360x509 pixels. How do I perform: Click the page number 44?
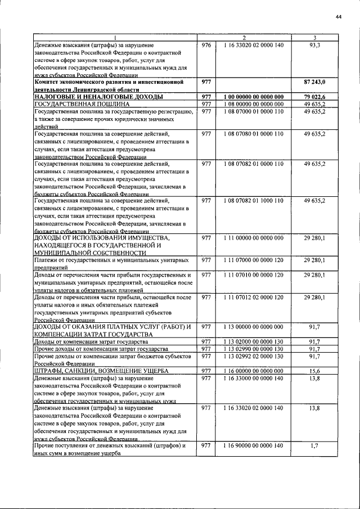pyautogui.click(x=339, y=18)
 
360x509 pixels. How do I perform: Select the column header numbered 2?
pyautogui.click(x=253, y=38)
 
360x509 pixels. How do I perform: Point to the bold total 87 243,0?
pyautogui.click(x=314, y=82)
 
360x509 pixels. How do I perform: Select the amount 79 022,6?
pyautogui.click(x=314, y=97)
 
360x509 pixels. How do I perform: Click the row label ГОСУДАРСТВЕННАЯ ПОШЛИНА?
pyautogui.click(x=82, y=104)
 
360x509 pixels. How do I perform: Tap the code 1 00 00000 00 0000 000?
pyautogui.click(x=253, y=97)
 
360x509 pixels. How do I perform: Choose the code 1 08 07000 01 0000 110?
pyautogui.click(x=253, y=111)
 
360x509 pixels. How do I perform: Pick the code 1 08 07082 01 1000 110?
pyautogui.click(x=253, y=201)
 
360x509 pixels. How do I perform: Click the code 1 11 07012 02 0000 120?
pyautogui.click(x=253, y=297)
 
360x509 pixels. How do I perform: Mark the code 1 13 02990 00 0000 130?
pyautogui.click(x=253, y=349)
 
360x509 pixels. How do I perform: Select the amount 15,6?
pyautogui.click(x=314, y=371)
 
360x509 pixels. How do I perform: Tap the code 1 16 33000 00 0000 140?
pyautogui.click(x=253, y=379)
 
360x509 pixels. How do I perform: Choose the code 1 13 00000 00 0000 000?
pyautogui.click(x=253, y=327)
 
